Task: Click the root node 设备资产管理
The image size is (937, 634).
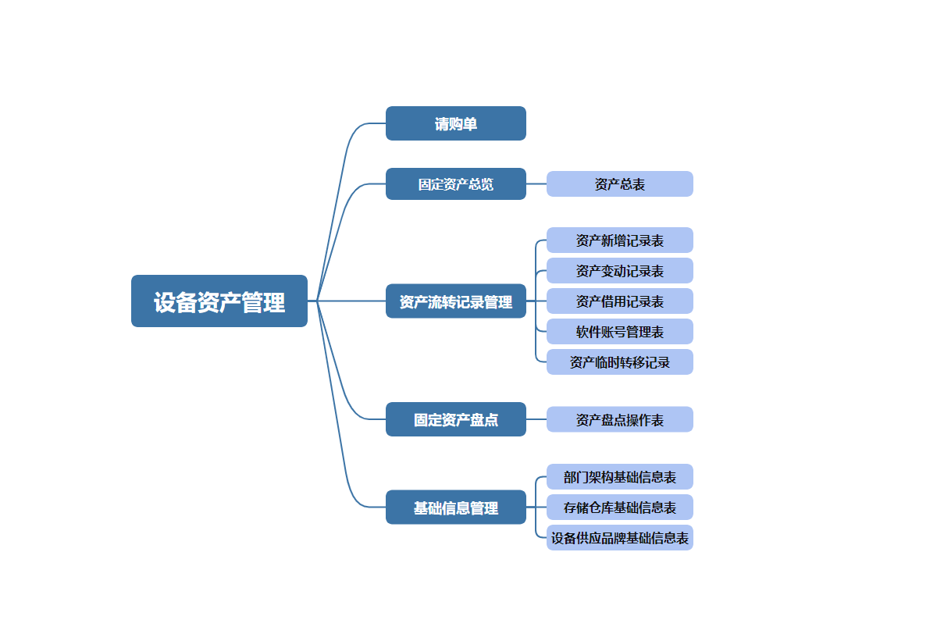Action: pyautogui.click(x=219, y=301)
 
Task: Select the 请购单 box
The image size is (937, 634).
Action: pyautogui.click(x=456, y=123)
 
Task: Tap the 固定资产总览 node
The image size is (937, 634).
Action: pyautogui.click(x=456, y=184)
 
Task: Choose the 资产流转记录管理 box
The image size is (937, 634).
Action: pyautogui.click(x=456, y=301)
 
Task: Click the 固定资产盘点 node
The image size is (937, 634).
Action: pyautogui.click(x=456, y=419)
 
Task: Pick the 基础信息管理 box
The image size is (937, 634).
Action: pyautogui.click(x=456, y=508)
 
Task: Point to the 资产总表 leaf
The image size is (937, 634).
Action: pyautogui.click(x=620, y=184)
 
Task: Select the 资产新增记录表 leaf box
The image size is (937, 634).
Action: pyautogui.click(x=620, y=240)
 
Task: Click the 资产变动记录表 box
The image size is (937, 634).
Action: pyautogui.click(x=620, y=271)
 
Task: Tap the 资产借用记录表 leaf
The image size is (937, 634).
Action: pyautogui.click(x=620, y=301)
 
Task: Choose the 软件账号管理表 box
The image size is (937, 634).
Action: pyautogui.click(x=620, y=332)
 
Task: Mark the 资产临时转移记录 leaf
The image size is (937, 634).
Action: pyautogui.click(x=620, y=362)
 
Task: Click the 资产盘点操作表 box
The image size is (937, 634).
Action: pyautogui.click(x=620, y=419)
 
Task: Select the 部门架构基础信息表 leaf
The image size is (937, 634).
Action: pyautogui.click(x=620, y=477)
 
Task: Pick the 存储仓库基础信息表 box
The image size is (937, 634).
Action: pyautogui.click(x=620, y=508)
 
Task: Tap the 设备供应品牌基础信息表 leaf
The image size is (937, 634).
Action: pyautogui.click(x=620, y=538)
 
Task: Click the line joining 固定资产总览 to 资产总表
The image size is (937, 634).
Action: pyautogui.click(x=536, y=184)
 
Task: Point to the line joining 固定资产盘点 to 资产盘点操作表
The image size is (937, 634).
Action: pyautogui.click(x=536, y=419)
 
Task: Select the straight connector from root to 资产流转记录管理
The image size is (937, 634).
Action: pyautogui.click(x=351, y=301)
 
